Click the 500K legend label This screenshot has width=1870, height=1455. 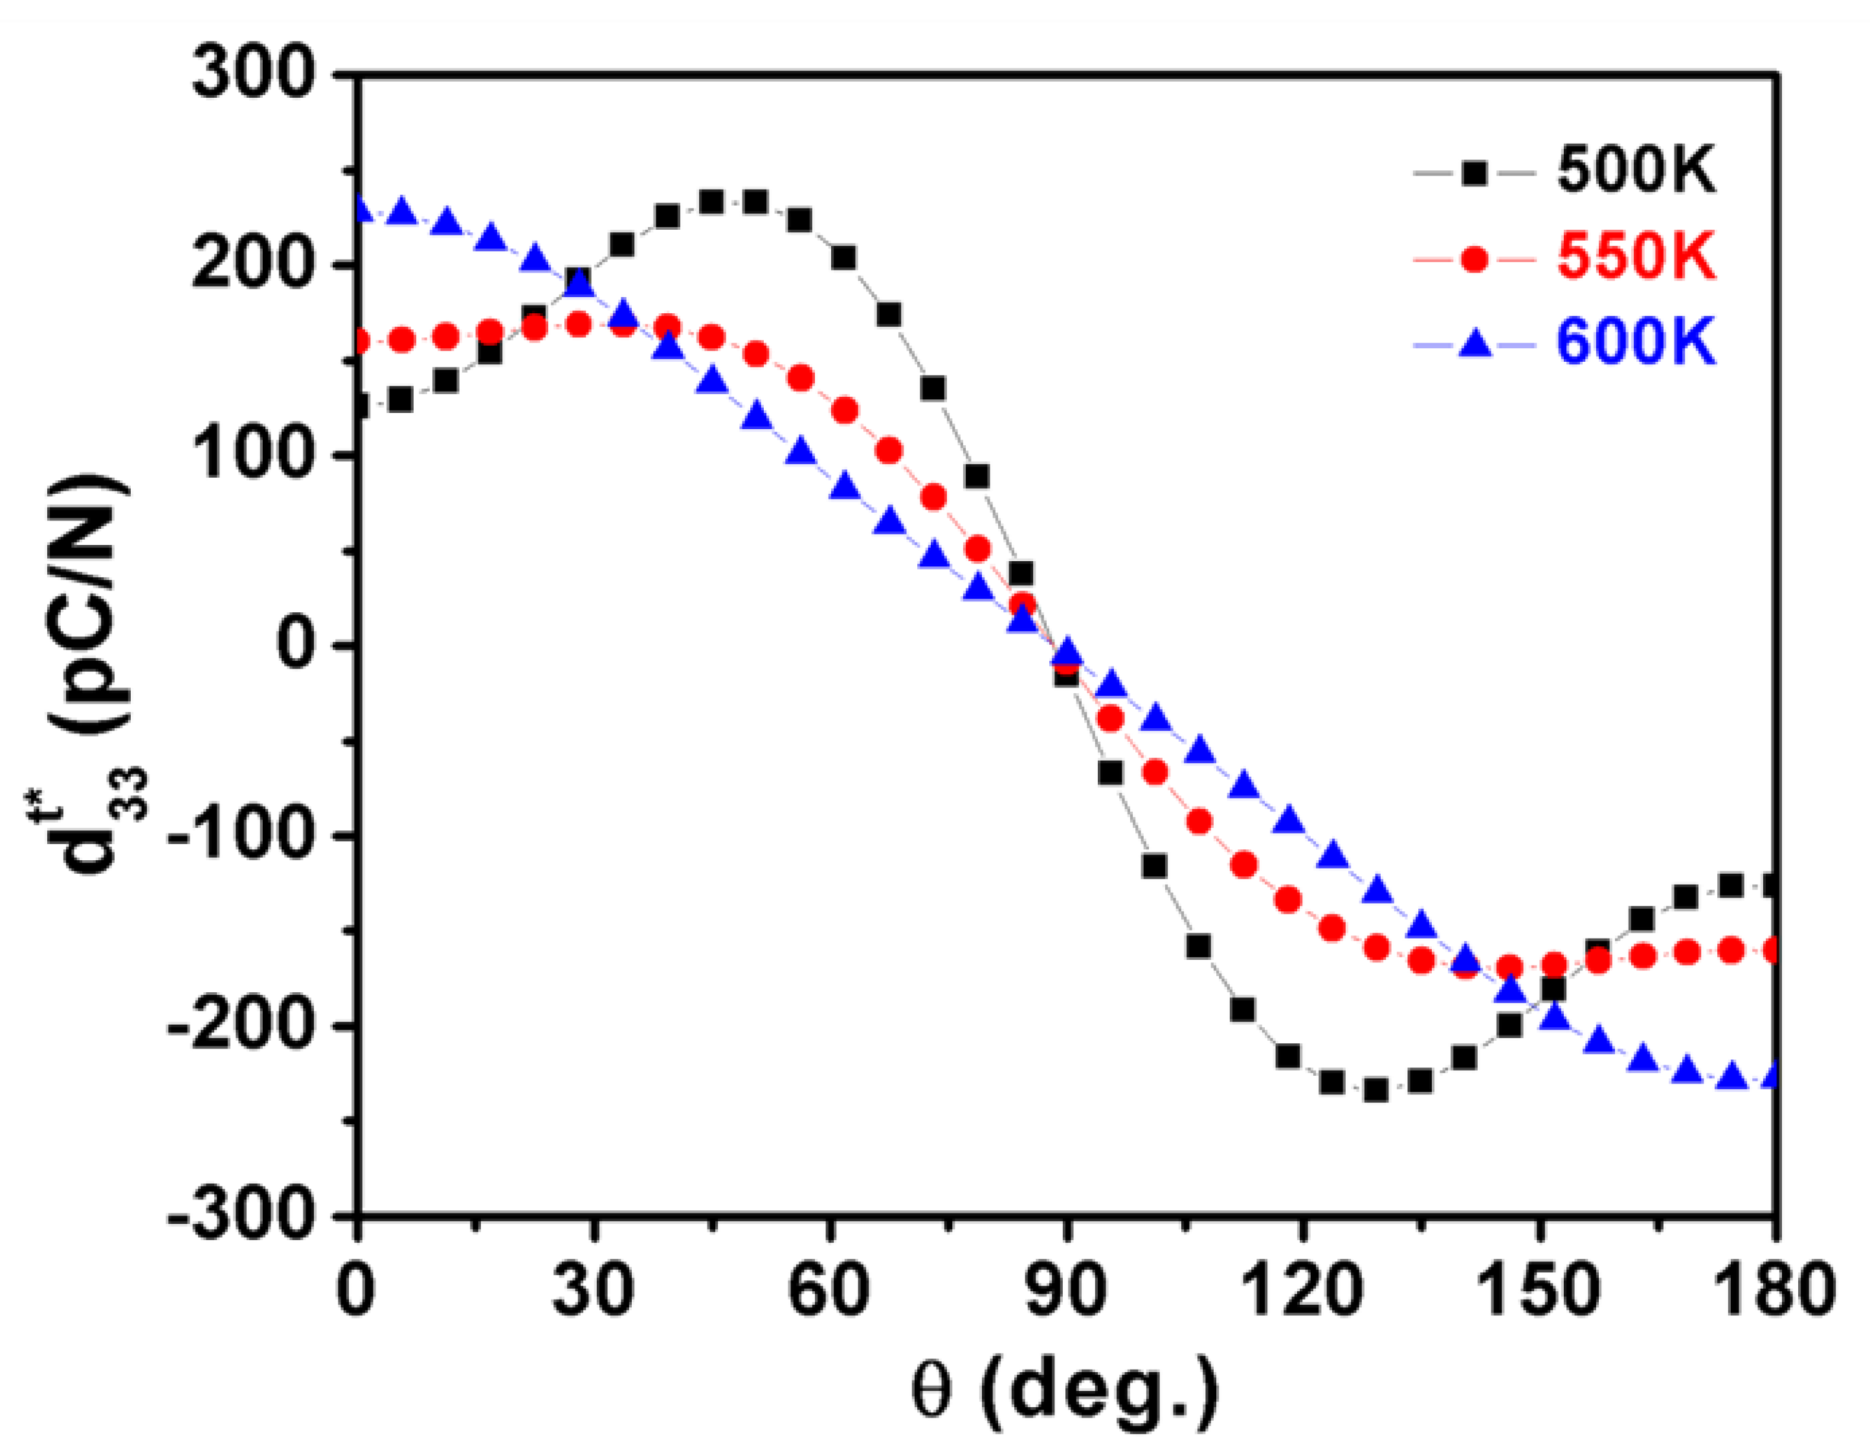pos(1636,172)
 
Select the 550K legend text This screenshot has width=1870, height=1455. pos(1636,257)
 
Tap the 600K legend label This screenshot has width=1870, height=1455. pos(1636,344)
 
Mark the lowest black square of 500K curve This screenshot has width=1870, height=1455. pos(1376,1089)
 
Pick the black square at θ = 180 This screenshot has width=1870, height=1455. pos(1772,886)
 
